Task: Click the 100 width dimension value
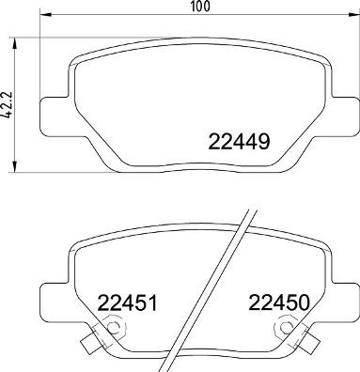click(x=197, y=7)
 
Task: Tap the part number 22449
click(x=239, y=143)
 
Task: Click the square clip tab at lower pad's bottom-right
click(x=306, y=343)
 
